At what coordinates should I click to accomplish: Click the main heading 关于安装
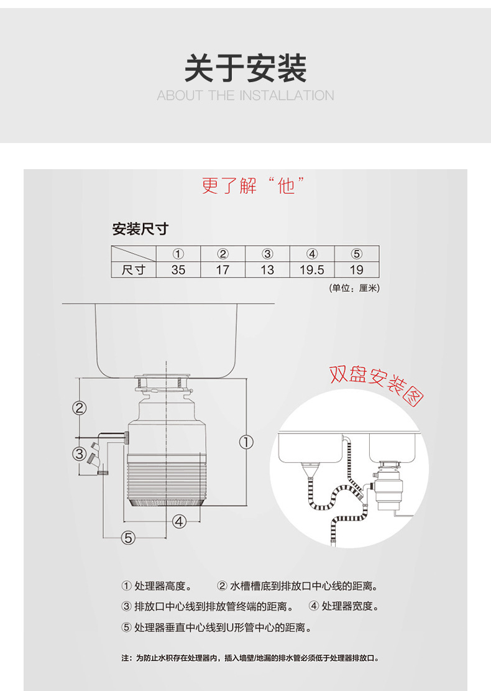point(245,68)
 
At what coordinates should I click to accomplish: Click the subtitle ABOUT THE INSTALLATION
point(245,95)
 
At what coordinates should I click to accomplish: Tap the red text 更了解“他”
point(253,185)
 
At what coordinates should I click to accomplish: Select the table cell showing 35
point(178,270)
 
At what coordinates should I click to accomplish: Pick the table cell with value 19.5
point(312,270)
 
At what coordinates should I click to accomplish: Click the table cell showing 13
point(267,270)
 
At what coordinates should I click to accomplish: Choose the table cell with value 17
point(223,270)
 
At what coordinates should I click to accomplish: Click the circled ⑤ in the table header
point(357,254)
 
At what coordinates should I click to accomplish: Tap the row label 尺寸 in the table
point(134,270)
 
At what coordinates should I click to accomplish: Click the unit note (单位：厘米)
point(354,288)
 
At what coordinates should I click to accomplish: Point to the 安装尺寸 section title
point(140,229)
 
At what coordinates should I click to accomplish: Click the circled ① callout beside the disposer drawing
point(246,442)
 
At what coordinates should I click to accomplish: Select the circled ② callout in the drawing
point(80,408)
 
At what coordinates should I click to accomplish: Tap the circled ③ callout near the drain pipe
point(80,453)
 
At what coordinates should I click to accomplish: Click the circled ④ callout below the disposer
point(179,521)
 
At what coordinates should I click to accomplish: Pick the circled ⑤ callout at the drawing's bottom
point(128,537)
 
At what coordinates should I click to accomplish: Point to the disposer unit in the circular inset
point(387,486)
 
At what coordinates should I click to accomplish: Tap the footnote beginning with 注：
point(250,658)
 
